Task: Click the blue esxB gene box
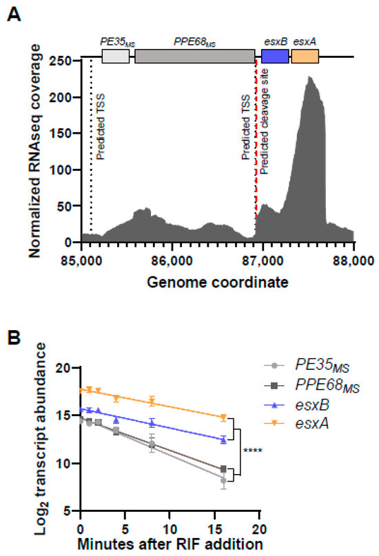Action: tap(275, 57)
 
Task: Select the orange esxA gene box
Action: tap(305, 57)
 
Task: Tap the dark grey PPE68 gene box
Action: tap(195, 57)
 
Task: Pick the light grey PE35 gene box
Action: tap(115, 57)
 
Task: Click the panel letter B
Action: tap(14, 338)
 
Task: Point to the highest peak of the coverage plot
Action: tap(311, 77)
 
